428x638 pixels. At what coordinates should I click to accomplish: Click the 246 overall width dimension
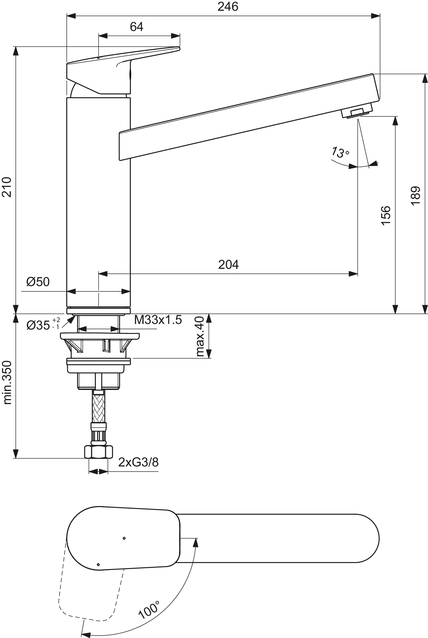pos(228,6)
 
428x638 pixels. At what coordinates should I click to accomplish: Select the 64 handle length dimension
pos(137,27)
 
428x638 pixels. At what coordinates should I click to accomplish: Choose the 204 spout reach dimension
pos(229,265)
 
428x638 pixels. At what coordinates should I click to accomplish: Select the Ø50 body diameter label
pos(38,282)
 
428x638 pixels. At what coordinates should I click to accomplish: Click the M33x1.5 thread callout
pos(158,320)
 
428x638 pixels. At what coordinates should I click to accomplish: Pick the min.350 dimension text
pos(7,382)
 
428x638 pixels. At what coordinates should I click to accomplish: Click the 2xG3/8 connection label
pos(138,462)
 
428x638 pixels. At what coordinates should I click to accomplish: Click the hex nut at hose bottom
pos(98,452)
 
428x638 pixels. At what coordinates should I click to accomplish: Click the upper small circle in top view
pos(124,538)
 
